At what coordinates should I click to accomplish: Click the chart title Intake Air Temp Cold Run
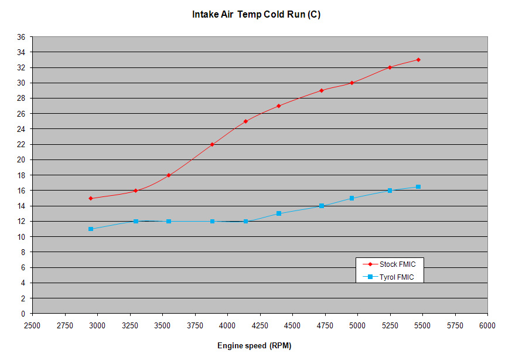tap(256, 15)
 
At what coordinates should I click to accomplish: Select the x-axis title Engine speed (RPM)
tap(254, 345)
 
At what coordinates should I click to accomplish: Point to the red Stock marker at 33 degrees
tap(418, 60)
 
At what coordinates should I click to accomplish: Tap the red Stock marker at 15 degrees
tap(91, 198)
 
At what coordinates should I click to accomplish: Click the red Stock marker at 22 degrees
tap(212, 144)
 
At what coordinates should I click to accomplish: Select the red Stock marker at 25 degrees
tap(245, 121)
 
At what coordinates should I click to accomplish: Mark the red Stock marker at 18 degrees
tap(169, 175)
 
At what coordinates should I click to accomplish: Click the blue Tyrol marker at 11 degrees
tap(91, 229)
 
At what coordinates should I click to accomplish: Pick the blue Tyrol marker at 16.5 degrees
tap(418, 186)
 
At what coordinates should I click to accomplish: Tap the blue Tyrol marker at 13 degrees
tap(279, 213)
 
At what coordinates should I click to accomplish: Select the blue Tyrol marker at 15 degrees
tap(351, 198)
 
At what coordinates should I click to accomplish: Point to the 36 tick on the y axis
tap(21, 37)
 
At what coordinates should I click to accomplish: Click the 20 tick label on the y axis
tap(21, 160)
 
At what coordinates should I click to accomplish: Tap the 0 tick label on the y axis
tap(23, 314)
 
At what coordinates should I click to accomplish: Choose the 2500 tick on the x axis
tap(32, 325)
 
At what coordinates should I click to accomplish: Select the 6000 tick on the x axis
tap(487, 325)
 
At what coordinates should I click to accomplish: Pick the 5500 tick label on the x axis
tap(422, 325)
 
